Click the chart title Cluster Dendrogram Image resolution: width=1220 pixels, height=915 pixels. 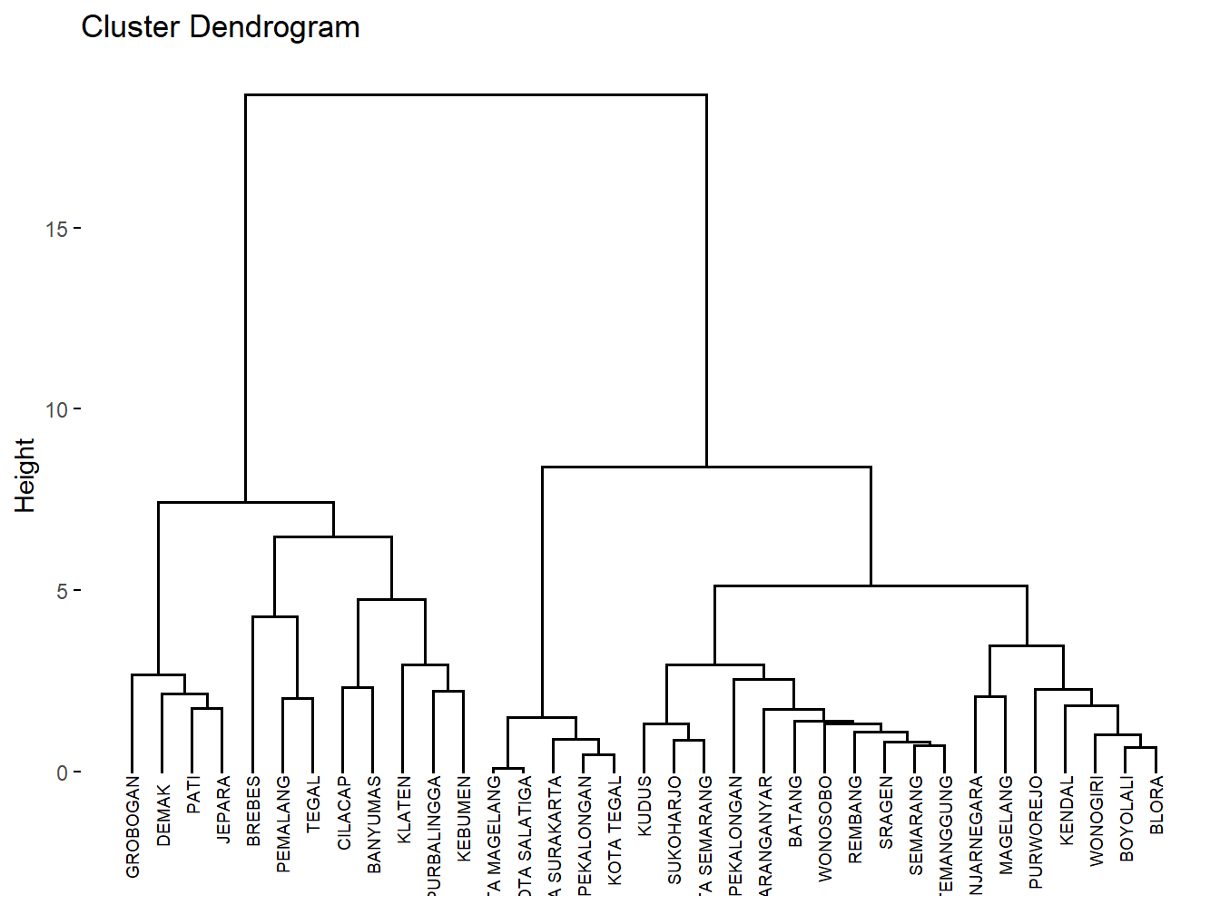tap(221, 27)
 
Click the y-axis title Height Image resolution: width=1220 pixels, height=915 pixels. tap(25, 475)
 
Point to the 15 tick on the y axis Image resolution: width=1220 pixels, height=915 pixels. tap(56, 229)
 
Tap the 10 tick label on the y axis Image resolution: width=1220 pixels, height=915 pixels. tap(56, 409)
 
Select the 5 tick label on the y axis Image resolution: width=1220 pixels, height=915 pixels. tap(62, 592)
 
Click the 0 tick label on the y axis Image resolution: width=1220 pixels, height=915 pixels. tap(62, 773)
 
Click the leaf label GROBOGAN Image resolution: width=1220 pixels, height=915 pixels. tap(133, 827)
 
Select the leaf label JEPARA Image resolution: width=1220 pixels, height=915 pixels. tap(223, 810)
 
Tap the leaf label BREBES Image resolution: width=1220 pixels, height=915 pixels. tap(253, 811)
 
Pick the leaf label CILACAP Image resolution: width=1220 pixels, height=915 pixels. tap(344, 812)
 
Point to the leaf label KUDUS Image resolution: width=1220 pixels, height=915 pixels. tap(644, 805)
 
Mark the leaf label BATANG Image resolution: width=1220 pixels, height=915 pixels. tap(795, 811)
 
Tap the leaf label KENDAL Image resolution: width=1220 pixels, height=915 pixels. tap(1067, 810)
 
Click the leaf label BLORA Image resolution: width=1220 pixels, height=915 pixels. tap(1156, 804)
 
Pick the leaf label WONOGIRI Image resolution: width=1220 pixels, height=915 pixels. tap(1097, 821)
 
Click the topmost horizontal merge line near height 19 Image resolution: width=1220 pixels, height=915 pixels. tap(476, 94)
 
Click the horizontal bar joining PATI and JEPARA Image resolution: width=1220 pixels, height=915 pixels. tap(207, 709)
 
